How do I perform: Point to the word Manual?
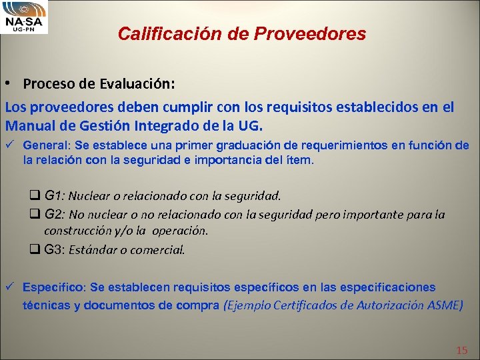(29, 125)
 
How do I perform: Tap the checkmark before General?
(10, 145)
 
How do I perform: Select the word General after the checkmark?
(45, 145)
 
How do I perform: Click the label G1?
(54, 196)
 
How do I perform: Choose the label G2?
(54, 215)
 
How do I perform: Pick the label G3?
(54, 250)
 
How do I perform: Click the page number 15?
(461, 351)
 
